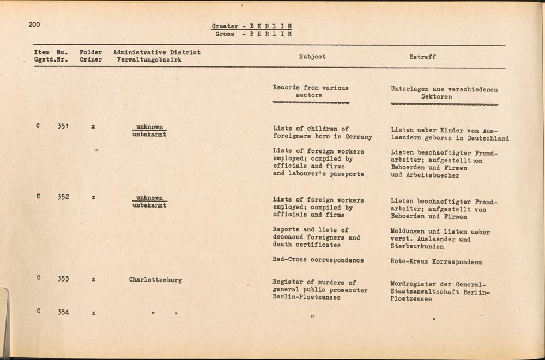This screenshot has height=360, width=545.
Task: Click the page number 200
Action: point(35,25)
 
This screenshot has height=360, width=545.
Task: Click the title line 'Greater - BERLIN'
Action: point(251,26)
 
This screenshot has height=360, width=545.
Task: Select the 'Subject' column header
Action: point(312,57)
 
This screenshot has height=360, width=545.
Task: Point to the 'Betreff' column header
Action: point(422,57)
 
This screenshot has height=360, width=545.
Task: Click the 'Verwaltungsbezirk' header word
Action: point(149,60)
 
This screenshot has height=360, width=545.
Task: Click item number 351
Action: point(64,126)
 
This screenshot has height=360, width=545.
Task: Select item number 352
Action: point(64,197)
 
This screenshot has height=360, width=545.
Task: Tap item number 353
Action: point(64,279)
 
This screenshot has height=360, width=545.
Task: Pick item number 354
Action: point(64,312)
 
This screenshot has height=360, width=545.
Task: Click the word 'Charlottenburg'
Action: point(155,280)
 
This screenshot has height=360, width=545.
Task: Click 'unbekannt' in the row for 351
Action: point(149,134)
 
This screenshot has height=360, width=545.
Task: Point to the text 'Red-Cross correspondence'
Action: point(318,260)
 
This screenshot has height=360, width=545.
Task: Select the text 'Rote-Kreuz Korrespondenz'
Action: point(436,262)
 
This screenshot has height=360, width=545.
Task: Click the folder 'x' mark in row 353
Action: point(94,279)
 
